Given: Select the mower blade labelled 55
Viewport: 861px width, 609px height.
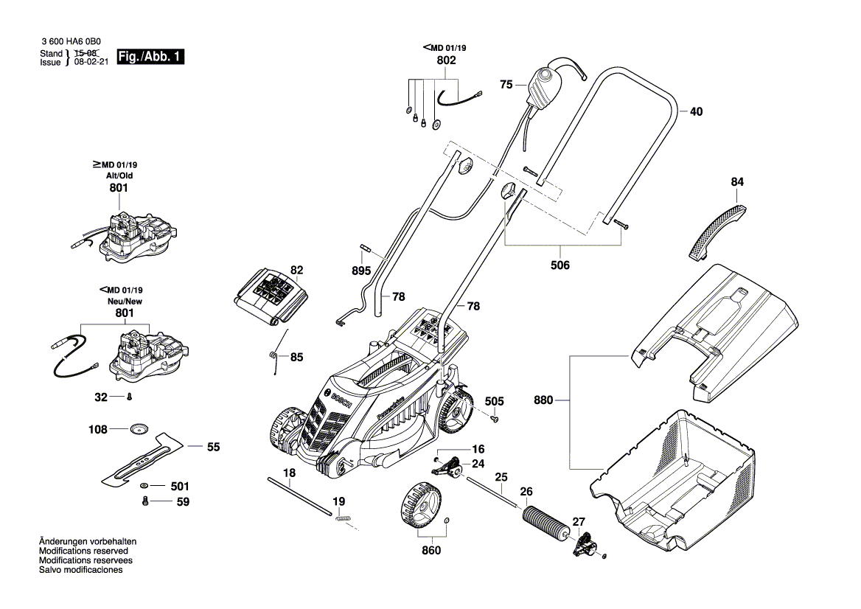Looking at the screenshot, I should coord(140,462).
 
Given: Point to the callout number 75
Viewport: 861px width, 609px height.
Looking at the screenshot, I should coord(506,86).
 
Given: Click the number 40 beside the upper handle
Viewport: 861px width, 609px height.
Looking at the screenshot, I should coord(696,112).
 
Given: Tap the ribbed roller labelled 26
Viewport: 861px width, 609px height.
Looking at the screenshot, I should coord(545,523).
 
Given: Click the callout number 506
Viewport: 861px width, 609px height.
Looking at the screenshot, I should coord(560,265).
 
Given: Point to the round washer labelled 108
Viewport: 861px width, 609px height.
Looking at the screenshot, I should coord(139,428).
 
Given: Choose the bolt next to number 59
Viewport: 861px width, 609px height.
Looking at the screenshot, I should coord(145,501).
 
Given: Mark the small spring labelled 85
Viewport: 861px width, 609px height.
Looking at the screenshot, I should coord(273,358).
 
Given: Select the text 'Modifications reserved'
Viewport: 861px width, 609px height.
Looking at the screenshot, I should coord(83,551).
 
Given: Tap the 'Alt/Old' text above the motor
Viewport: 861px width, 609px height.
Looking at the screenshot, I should coord(119,176).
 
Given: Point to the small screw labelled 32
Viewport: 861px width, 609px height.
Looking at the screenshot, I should coord(129,397).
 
